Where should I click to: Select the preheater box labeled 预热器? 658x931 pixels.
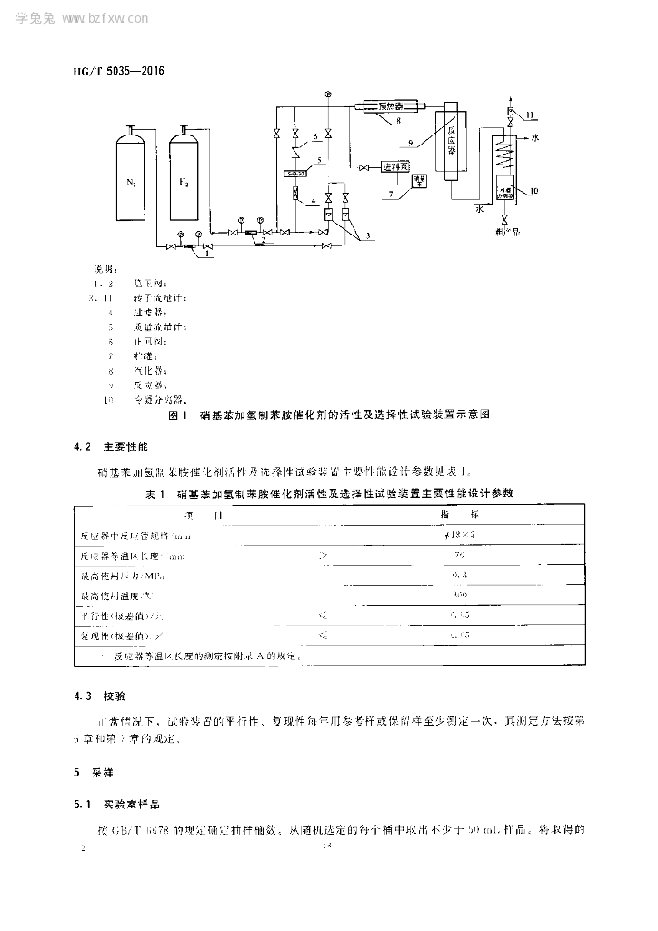click(x=391, y=106)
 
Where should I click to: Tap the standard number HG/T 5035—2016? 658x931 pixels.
click(x=112, y=69)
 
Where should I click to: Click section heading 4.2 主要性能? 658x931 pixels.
click(x=115, y=447)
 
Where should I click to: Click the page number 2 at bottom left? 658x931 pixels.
click(x=84, y=847)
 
